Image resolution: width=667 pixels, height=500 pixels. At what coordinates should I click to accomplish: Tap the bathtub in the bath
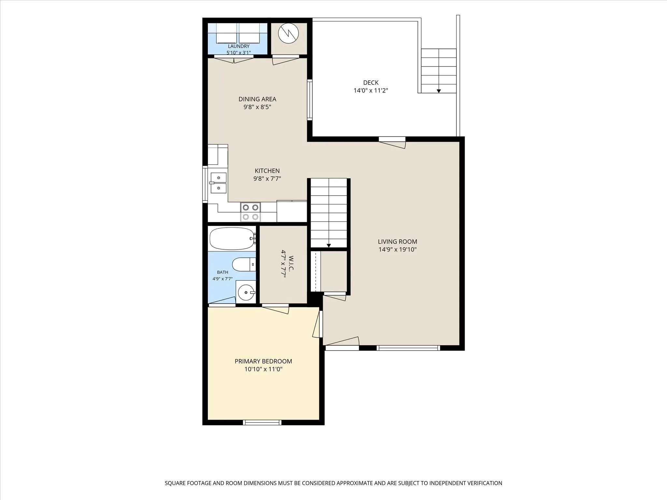click(x=232, y=238)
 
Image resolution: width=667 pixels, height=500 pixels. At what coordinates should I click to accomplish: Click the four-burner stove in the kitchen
click(x=250, y=212)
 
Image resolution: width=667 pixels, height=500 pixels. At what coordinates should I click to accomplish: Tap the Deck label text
click(x=371, y=83)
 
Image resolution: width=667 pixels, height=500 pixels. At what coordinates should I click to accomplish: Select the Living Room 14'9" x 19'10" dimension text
click(x=398, y=250)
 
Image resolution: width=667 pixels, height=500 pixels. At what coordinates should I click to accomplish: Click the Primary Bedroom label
click(x=263, y=361)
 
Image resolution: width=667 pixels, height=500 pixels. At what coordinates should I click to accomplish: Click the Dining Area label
click(x=257, y=99)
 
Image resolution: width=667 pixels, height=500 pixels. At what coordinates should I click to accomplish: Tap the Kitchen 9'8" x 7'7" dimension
click(x=267, y=178)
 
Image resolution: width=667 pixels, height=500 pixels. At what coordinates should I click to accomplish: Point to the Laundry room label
click(x=239, y=46)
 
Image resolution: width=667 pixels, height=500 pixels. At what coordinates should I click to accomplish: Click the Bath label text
click(x=223, y=272)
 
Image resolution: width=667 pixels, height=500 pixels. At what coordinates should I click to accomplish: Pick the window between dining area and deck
click(x=310, y=100)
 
